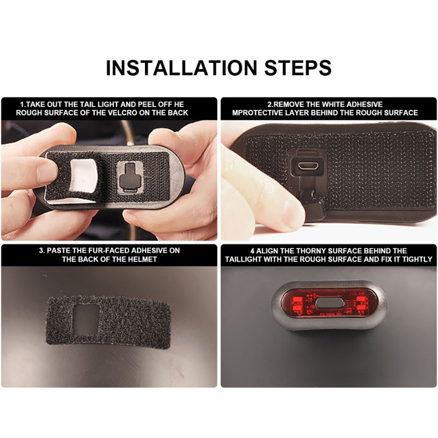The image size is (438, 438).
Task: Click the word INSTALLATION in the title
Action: click(181, 67)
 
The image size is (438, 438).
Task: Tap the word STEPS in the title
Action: click(298, 67)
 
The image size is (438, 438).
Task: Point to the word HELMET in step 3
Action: click(142, 259)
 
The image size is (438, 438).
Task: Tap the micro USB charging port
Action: click(307, 166)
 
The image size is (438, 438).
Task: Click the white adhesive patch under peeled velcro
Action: click(83, 175)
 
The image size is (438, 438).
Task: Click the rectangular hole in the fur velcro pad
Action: click(87, 320)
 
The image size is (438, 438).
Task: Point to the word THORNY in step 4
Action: click(309, 251)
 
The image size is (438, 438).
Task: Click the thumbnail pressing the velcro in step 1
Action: click(48, 170)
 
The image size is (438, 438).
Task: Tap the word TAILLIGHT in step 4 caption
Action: click(243, 259)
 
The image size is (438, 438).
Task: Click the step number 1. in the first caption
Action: click(23, 105)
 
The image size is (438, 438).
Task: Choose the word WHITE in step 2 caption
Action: click(330, 104)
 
